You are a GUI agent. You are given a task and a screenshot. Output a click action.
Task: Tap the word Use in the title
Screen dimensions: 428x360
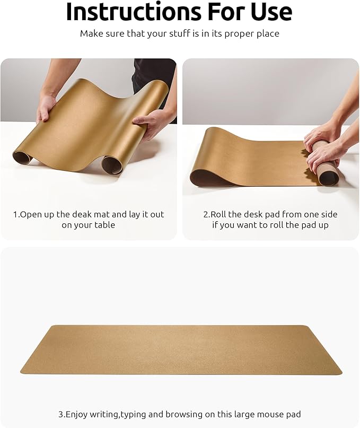(x=269, y=12)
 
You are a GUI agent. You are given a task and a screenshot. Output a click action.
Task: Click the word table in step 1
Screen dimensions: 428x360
(x=104, y=225)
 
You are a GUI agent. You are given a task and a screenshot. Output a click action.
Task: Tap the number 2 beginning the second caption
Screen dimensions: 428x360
(x=206, y=214)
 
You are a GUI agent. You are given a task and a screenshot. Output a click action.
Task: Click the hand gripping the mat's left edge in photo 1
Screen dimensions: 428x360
(x=46, y=107)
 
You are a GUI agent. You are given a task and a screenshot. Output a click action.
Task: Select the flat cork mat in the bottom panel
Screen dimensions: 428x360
(x=180, y=349)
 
